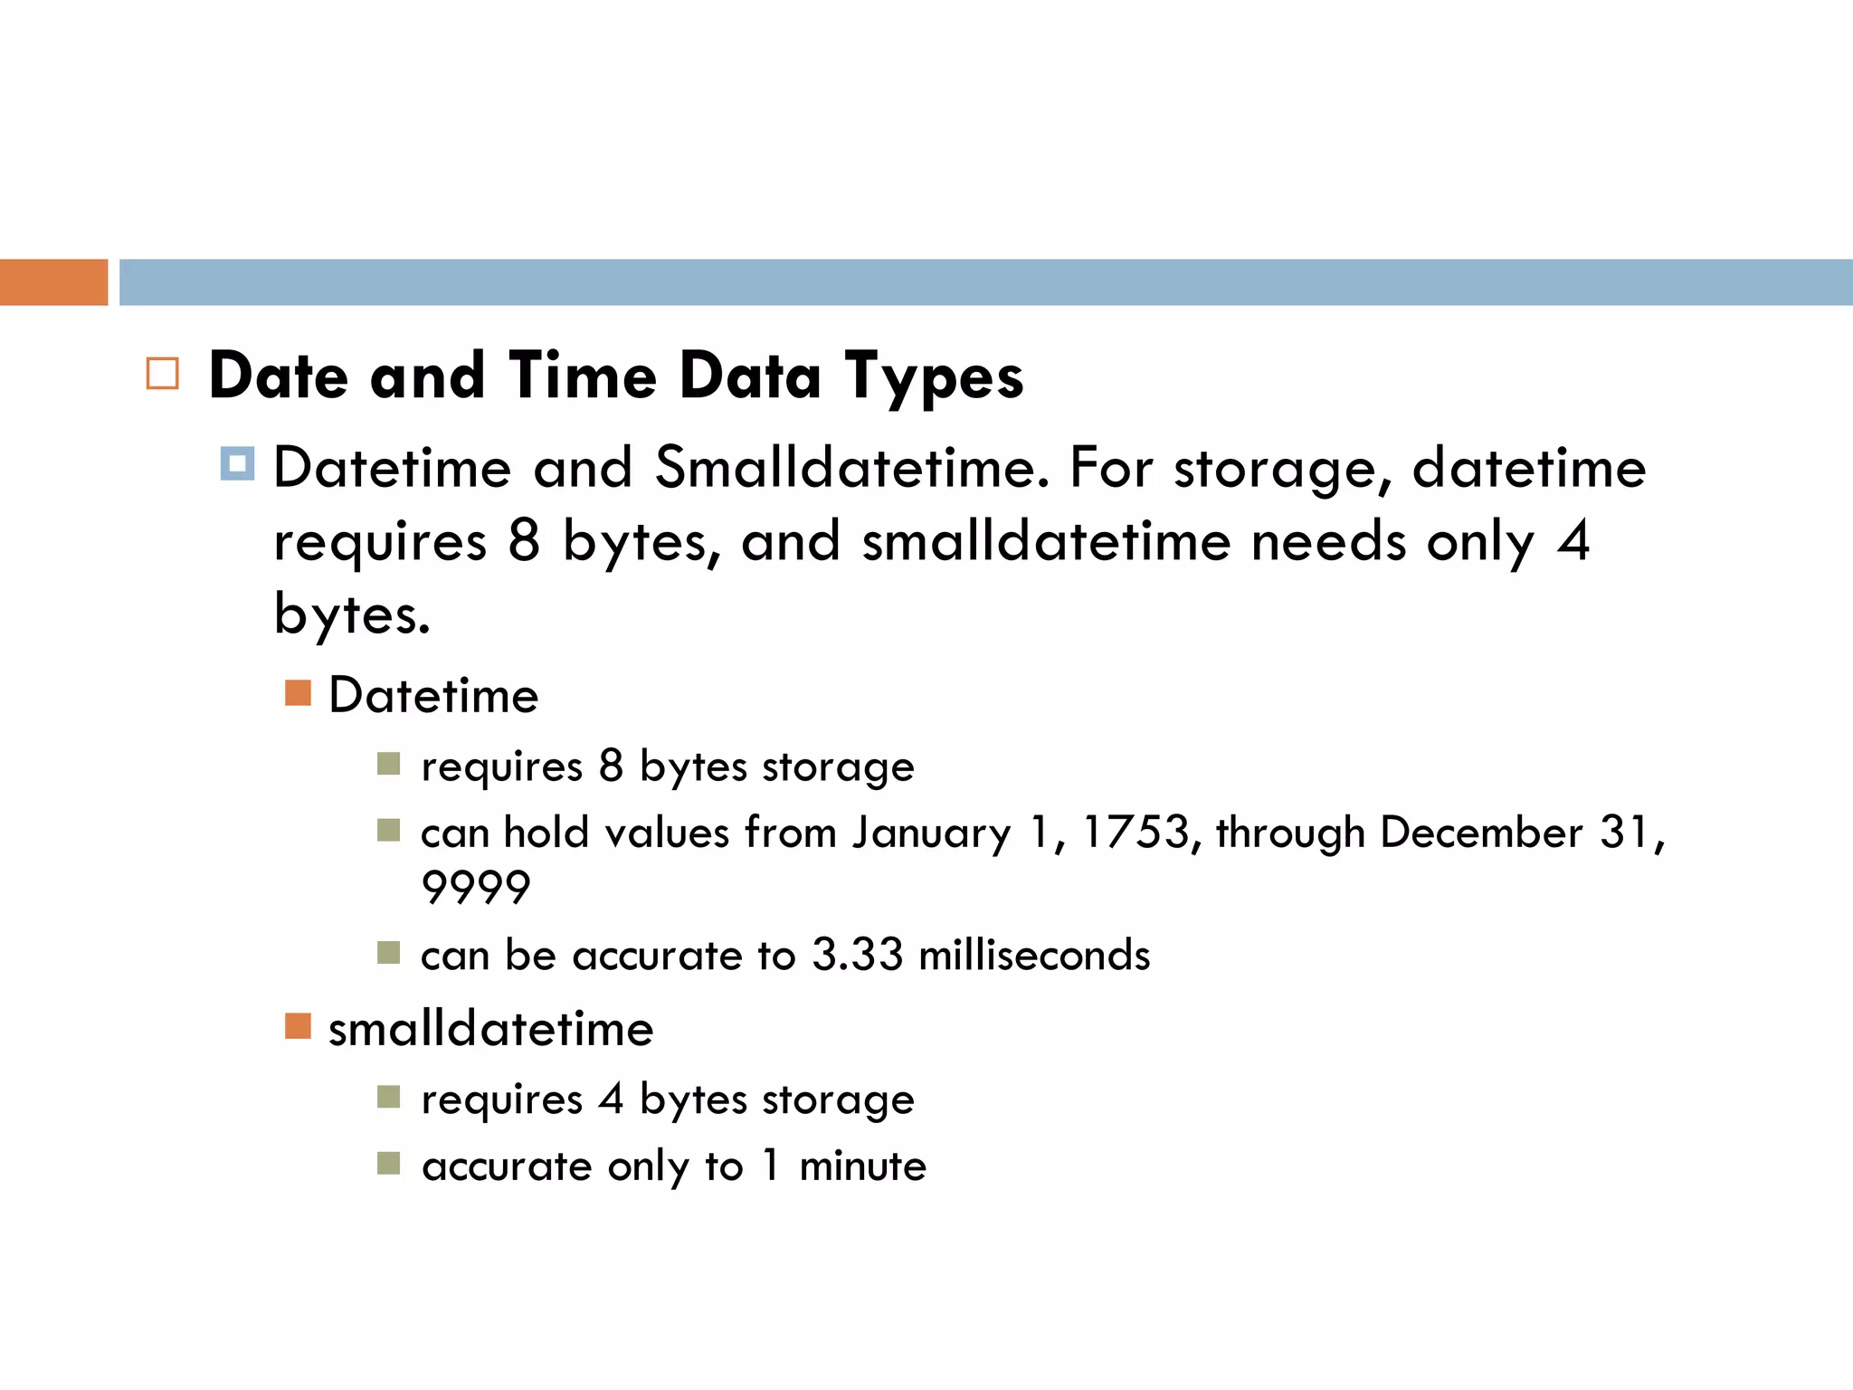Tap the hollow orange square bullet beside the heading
(162, 374)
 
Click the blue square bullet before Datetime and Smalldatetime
(237, 464)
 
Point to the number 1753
(1136, 832)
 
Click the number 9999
(476, 887)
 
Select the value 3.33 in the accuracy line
(857, 955)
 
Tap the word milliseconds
(1034, 955)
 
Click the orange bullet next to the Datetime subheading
(298, 693)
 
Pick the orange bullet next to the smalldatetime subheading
(298, 1026)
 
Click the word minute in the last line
(862, 1166)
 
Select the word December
(1481, 832)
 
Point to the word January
(931, 833)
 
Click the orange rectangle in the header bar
(53, 282)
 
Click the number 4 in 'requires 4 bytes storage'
(612, 1100)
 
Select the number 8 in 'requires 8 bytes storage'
(612, 766)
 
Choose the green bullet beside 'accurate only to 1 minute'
(388, 1163)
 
